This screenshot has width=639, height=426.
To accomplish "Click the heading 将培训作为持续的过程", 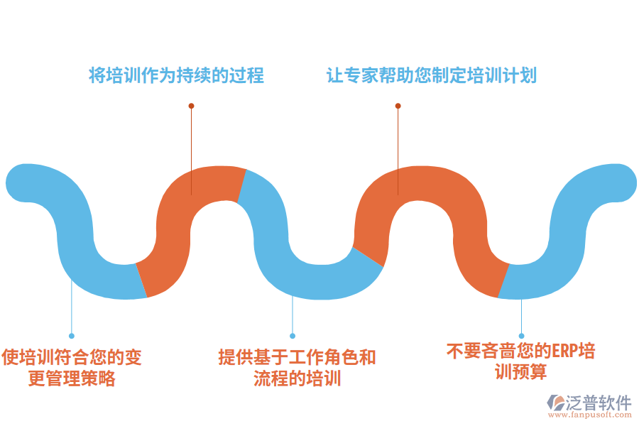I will (176, 75).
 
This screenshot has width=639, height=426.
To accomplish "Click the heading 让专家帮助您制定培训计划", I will (432, 75).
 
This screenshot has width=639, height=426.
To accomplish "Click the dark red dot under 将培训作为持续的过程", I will (191, 106).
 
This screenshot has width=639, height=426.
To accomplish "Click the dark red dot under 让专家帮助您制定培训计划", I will (398, 106).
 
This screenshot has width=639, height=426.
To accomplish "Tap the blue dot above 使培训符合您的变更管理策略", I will (72, 336).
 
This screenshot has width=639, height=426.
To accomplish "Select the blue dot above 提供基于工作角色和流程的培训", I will (293, 336).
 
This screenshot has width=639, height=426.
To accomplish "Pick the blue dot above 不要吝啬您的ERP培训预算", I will (521, 336).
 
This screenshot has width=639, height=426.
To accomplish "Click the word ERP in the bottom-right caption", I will (567, 351).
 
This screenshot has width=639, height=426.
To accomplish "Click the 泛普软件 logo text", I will (599, 403).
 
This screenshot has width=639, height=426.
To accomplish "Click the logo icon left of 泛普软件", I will (555, 405).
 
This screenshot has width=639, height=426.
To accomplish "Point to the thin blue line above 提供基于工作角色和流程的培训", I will (293, 316).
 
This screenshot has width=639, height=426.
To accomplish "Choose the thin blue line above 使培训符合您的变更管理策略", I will (72, 312).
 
